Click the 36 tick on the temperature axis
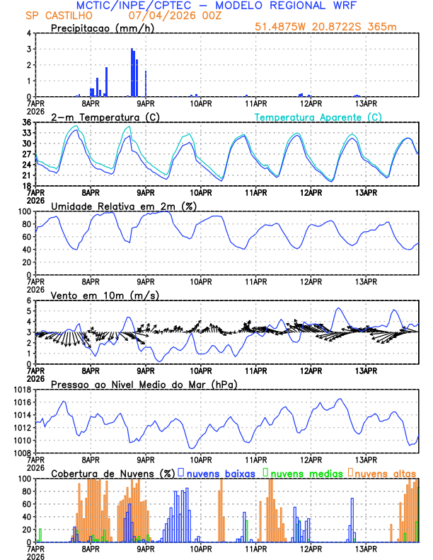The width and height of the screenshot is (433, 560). (x=26, y=122)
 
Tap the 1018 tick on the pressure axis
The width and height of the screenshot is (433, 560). (x=22, y=390)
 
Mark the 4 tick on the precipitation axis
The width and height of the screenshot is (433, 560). (x=28, y=33)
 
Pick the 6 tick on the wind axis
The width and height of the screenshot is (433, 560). (x=28, y=301)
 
